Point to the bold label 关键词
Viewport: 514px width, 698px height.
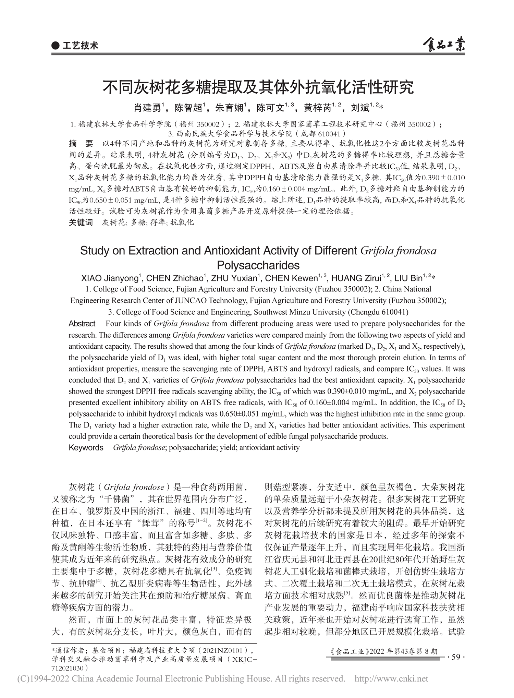pos(81,222)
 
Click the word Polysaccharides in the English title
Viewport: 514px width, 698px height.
pos(258,265)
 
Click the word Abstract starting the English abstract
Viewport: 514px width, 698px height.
pos(82,324)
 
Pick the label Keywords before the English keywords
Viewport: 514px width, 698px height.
pos(86,448)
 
